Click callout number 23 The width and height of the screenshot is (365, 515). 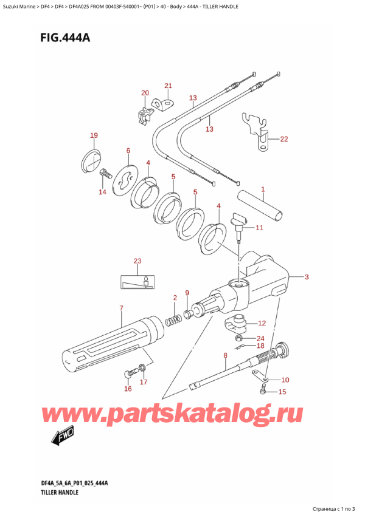137,262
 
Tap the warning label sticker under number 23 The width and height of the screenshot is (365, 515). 137,281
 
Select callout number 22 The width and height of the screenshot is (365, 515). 283,139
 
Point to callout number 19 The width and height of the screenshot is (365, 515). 93,135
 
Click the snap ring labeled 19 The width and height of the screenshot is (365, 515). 90,160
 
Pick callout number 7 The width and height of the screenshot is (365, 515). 121,309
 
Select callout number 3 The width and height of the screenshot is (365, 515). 307,278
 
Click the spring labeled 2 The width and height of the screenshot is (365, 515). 174,318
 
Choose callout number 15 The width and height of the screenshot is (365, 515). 280,392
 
